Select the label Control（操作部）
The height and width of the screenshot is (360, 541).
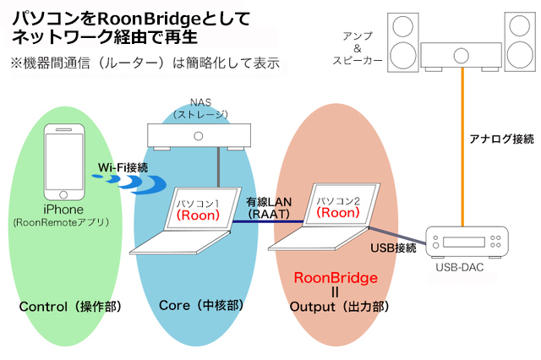tap(71, 306)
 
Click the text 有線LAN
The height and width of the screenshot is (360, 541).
tap(268, 202)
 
